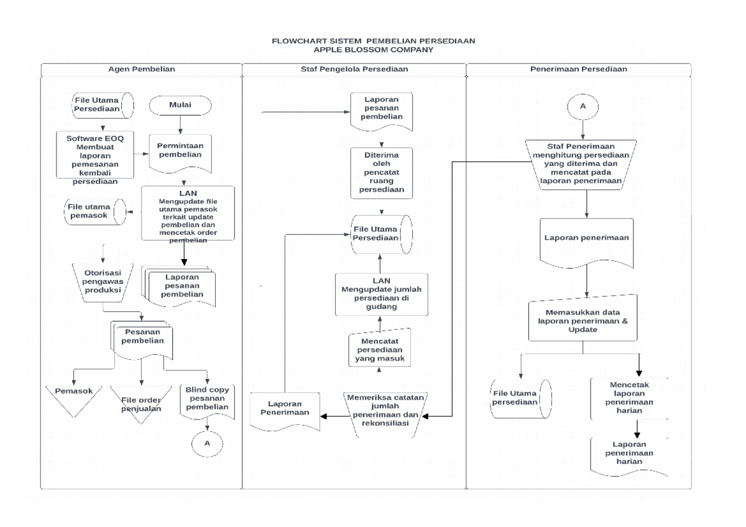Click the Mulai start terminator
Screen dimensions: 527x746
tap(180, 105)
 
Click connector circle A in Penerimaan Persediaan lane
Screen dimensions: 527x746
tap(583, 106)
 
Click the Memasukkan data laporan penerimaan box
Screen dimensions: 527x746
tap(583, 319)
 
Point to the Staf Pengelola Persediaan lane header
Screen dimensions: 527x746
tap(354, 69)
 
